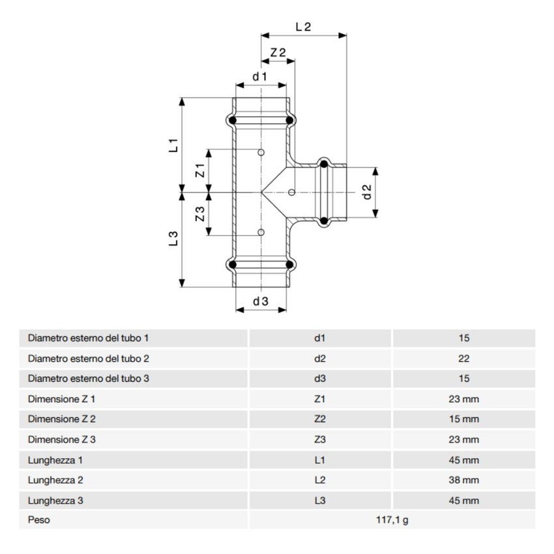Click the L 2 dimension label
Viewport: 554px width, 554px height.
[303, 27]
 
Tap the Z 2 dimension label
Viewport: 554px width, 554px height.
[278, 52]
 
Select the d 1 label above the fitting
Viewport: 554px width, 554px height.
[261, 77]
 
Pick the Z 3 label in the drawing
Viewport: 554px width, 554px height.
[201, 213]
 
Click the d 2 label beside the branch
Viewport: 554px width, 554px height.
[366, 192]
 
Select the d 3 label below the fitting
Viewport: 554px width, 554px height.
[261, 300]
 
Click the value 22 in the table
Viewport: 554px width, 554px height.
[463, 358]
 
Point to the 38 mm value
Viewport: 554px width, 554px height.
[463, 480]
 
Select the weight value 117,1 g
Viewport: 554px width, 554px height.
[391, 520]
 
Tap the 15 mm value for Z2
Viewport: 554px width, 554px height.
[463, 419]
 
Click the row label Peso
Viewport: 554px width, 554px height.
[38, 520]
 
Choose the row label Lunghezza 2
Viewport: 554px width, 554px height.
[55, 480]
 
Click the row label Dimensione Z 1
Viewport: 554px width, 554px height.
[62, 399]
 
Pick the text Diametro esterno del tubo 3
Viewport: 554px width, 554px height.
[89, 379]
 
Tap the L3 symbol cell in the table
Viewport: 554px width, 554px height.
[319, 501]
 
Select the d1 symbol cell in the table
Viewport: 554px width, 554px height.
[319, 338]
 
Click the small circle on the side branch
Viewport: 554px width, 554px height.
[291, 192]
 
